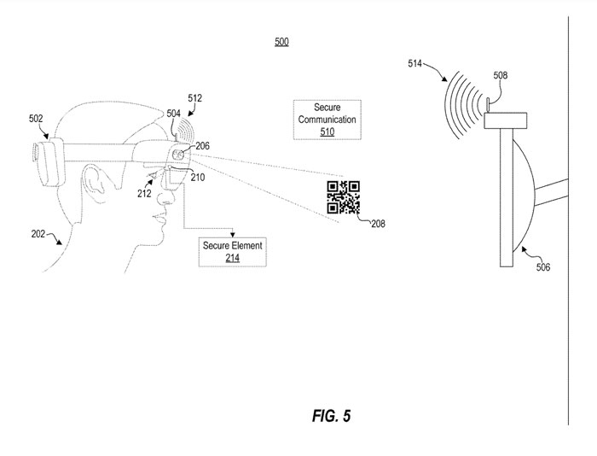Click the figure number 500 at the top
(281, 42)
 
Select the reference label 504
(174, 113)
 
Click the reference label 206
(202, 146)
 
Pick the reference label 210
(197, 178)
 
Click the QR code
(343, 198)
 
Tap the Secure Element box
(232, 251)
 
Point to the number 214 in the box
(232, 257)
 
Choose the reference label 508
(500, 76)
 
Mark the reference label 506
(542, 267)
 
